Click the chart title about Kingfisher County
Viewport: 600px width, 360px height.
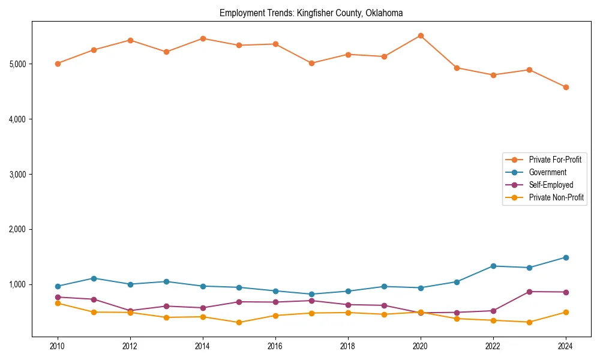click(x=311, y=13)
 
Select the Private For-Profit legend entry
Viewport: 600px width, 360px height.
click(x=555, y=160)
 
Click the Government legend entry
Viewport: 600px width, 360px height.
click(x=547, y=172)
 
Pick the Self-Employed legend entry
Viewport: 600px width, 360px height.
click(x=551, y=185)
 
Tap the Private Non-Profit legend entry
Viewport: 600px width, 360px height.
click(x=556, y=197)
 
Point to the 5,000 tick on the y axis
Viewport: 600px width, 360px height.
click(x=20, y=64)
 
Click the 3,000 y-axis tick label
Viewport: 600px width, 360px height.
click(x=20, y=175)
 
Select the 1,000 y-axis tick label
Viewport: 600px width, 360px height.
click(x=20, y=285)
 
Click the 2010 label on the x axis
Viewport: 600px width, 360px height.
click(x=58, y=346)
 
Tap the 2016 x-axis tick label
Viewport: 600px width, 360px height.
click(x=275, y=346)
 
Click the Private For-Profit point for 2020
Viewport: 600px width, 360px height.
click(x=421, y=36)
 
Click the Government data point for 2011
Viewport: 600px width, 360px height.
click(x=94, y=278)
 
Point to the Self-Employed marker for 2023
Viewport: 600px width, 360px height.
click(x=529, y=292)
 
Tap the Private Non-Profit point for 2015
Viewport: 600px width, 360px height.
click(x=239, y=322)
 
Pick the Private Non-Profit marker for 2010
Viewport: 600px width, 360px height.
click(x=58, y=303)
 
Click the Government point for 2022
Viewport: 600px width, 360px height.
click(x=493, y=266)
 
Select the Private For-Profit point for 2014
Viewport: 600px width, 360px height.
click(x=203, y=38)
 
